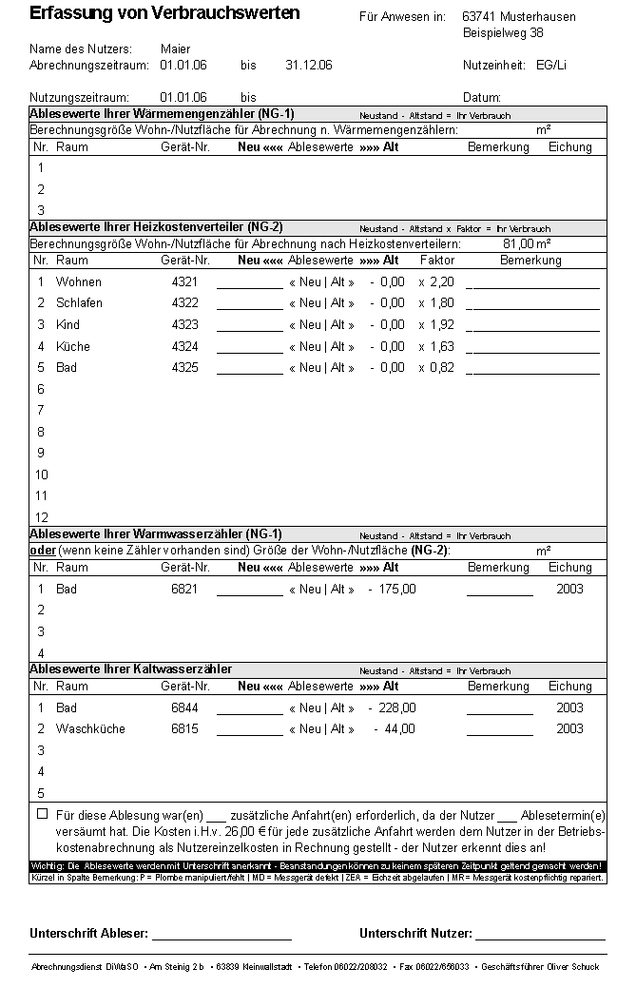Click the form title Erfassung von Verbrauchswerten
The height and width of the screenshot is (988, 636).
point(164,13)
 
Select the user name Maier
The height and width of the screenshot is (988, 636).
point(175,48)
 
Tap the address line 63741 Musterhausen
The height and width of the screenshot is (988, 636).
point(518,17)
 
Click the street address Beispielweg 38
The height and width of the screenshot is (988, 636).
point(503,33)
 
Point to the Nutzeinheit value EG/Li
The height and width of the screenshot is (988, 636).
point(551,65)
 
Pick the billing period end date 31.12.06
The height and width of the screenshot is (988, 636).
point(309,65)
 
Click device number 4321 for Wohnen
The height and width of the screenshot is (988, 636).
point(184,282)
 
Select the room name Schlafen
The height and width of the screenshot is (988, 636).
point(79,303)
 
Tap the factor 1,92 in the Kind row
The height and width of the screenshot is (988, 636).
point(442,325)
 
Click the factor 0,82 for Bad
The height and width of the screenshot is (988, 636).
point(442,368)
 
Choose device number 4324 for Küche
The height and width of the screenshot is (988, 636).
point(184,347)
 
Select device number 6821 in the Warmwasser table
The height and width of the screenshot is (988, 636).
point(184,590)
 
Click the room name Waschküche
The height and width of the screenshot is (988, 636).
point(90,729)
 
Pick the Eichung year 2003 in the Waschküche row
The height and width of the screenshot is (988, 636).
point(569,729)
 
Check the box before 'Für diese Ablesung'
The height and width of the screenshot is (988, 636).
point(42,814)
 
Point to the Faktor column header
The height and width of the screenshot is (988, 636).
point(437,261)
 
